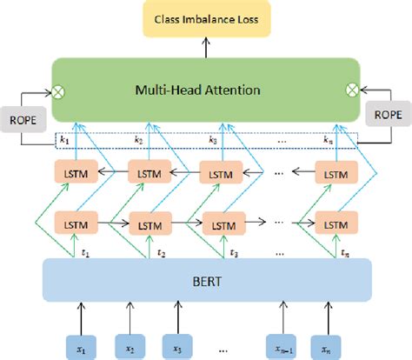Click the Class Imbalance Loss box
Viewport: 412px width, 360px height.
point(205,18)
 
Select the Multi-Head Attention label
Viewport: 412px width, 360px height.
point(205,89)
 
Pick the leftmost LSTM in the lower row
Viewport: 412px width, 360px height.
point(73,221)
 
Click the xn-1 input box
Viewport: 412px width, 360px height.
point(282,348)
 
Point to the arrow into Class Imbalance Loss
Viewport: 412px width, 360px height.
point(205,45)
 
